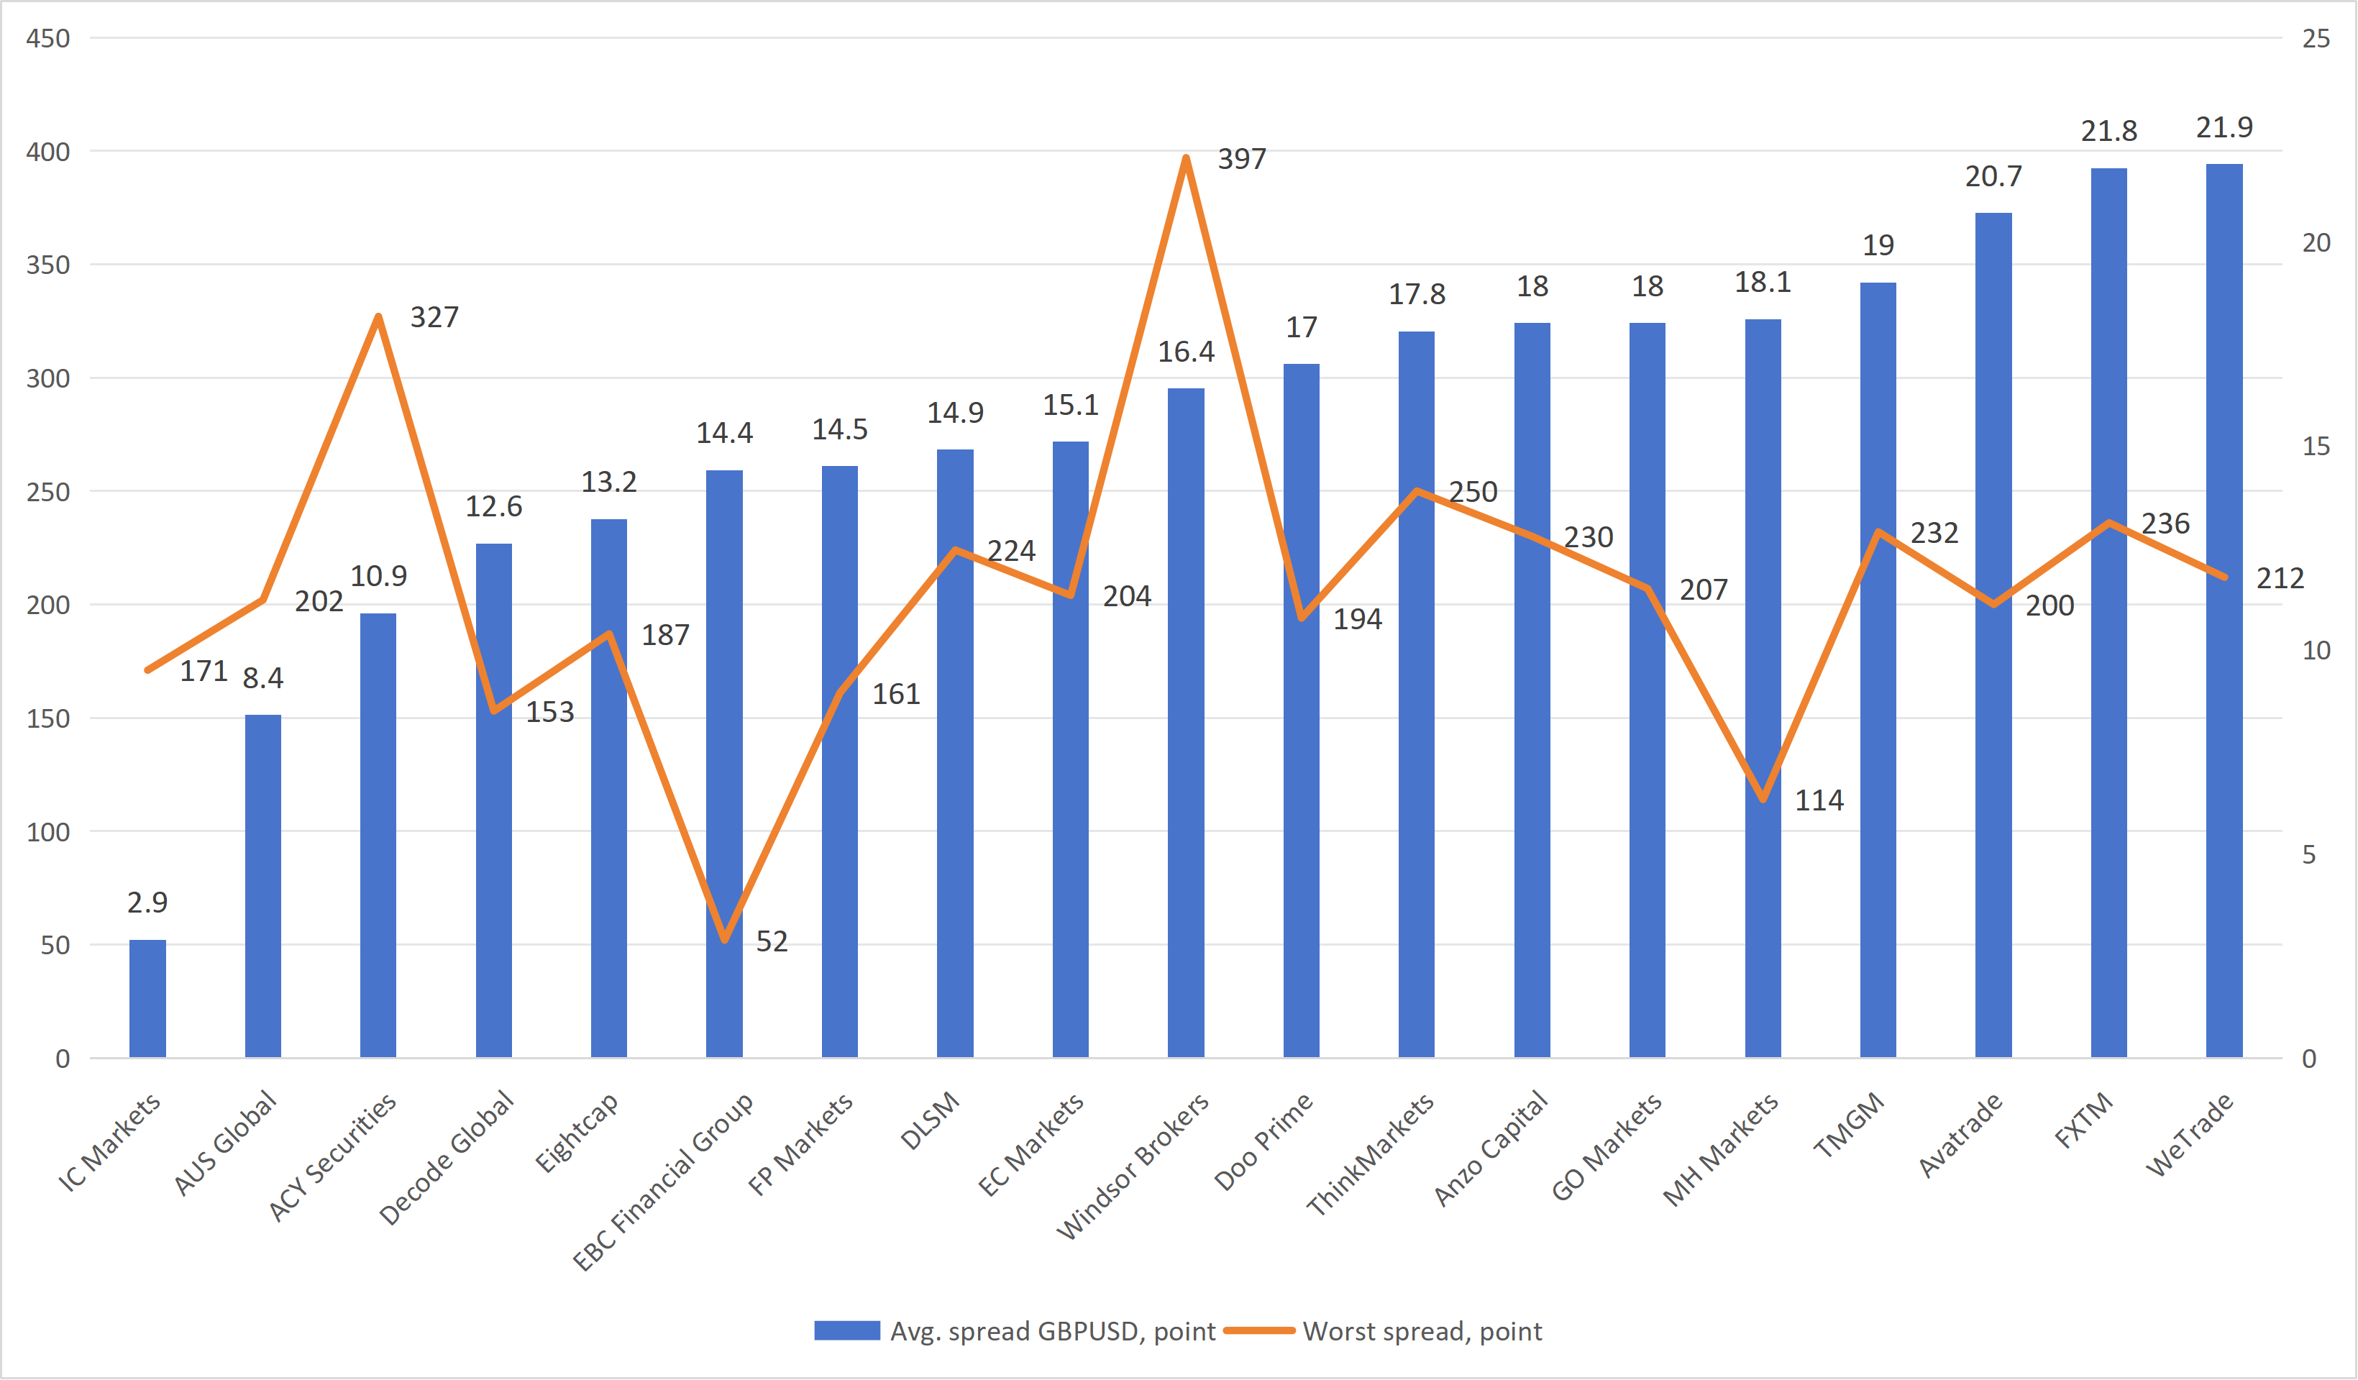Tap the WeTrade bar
pos(2224,610)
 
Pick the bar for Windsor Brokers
pos(1186,722)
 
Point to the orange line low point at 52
pos(724,939)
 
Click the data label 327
pos(434,317)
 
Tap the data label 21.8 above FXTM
pos(2108,131)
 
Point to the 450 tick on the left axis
pos(47,38)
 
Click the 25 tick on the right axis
pos(2315,38)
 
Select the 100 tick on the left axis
pos(47,832)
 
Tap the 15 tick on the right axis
pos(2315,447)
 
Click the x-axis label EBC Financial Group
pos(662,1181)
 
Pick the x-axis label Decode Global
pos(447,1157)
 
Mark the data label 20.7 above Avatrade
pos(1993,176)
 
